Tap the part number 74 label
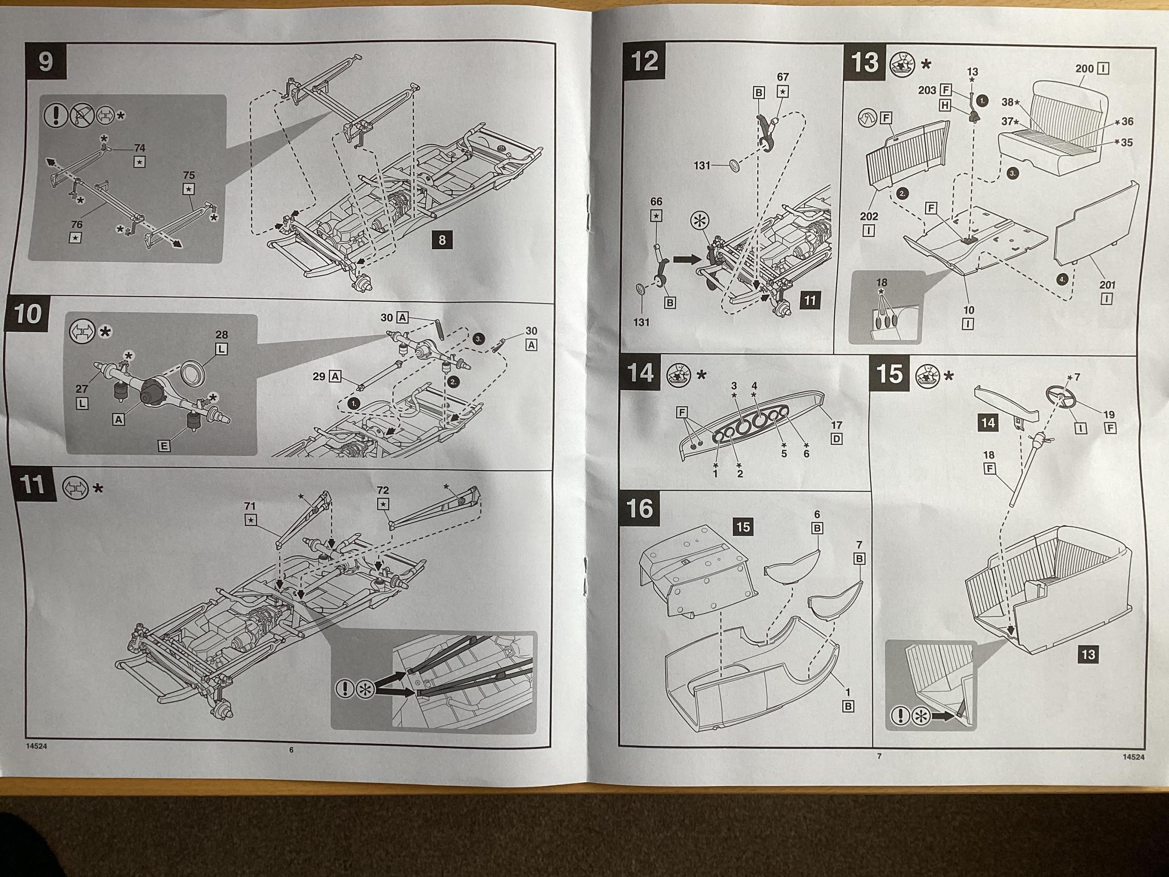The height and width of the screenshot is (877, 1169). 140,148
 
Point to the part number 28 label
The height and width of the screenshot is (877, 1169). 222,335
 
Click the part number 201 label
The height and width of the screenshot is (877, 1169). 1107,285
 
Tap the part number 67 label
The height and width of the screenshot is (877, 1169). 783,77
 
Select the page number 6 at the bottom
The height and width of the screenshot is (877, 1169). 291,750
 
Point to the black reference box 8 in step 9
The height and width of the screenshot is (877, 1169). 442,240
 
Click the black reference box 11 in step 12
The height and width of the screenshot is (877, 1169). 810,301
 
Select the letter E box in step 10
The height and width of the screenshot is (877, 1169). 164,446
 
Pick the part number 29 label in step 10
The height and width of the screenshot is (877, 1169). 319,376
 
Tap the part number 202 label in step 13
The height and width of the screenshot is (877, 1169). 869,216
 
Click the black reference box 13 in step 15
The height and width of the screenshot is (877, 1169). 1088,655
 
